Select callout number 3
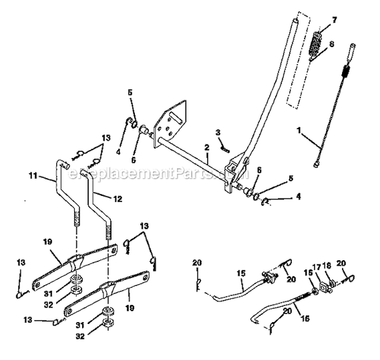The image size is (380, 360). pos(218,132)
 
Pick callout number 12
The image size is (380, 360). pos(118,199)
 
